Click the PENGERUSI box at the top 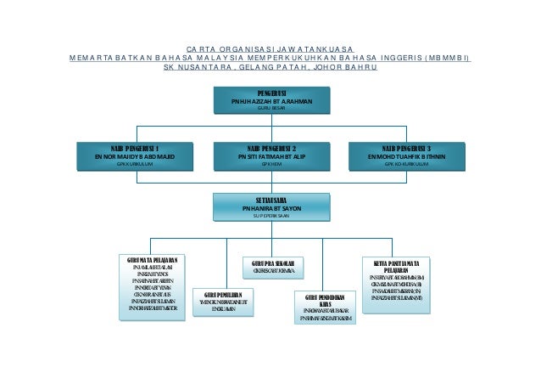pyautogui.click(x=270, y=99)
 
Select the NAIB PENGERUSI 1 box pyautogui.click(x=136, y=156)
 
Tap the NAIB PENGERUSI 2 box pyautogui.click(x=270, y=156)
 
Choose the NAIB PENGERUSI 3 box pyautogui.click(x=406, y=156)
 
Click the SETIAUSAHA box pyautogui.click(x=270, y=207)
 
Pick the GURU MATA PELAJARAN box pyautogui.click(x=151, y=286)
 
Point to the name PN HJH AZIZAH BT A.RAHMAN pyautogui.click(x=270, y=100)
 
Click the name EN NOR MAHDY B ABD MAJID pyautogui.click(x=136, y=156)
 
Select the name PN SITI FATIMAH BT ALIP pyautogui.click(x=270, y=156)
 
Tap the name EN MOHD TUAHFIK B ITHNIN pyautogui.click(x=406, y=156)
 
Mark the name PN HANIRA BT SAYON pyautogui.click(x=270, y=207)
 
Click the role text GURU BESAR pyautogui.click(x=270, y=109)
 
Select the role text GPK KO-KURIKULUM pyautogui.click(x=406, y=166)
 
